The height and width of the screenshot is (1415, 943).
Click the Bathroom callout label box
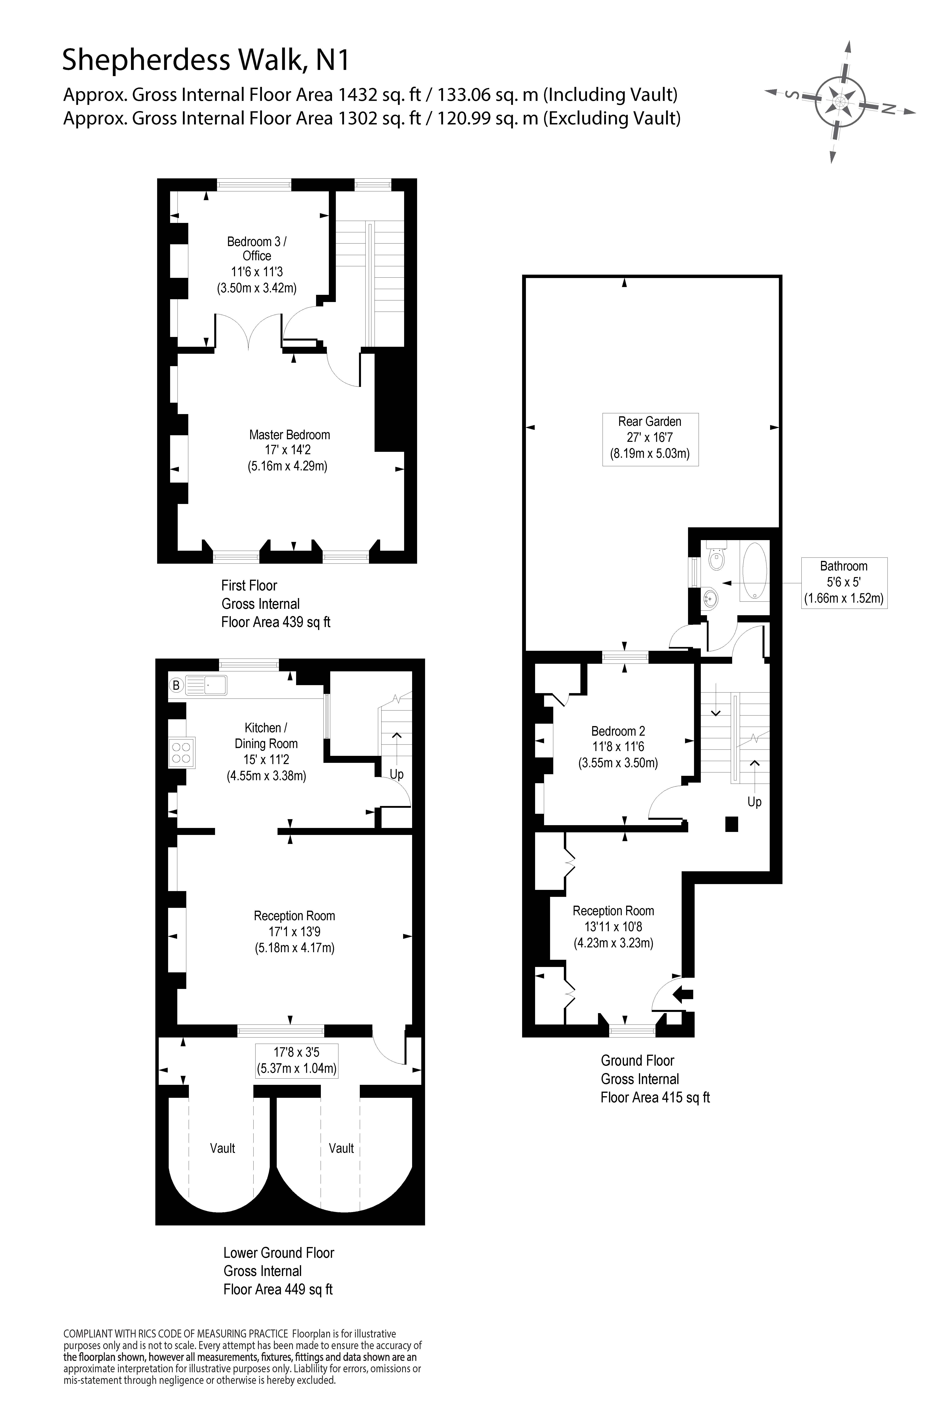click(x=844, y=582)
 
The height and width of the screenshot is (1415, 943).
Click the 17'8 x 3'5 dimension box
click(x=296, y=1060)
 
